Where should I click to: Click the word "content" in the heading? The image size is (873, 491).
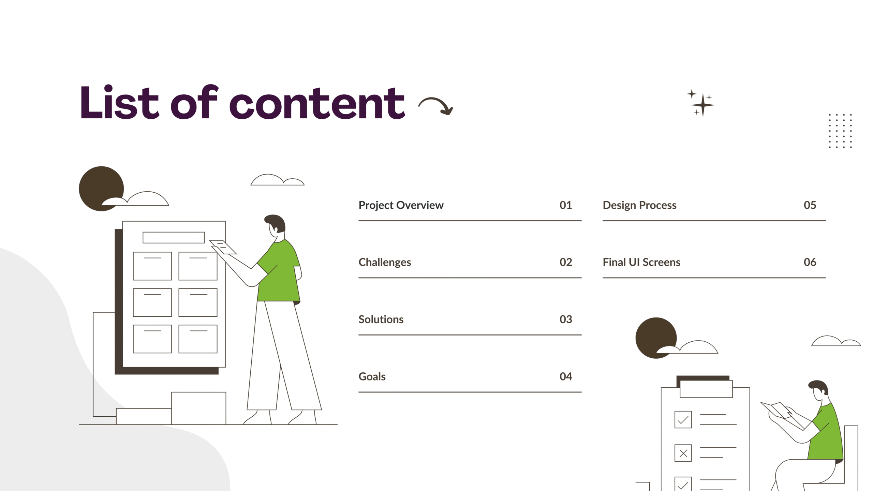coord(317,103)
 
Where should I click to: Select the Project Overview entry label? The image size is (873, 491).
coord(401,205)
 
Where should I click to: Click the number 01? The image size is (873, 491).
coord(566,205)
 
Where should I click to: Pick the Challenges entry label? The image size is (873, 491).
coord(385,262)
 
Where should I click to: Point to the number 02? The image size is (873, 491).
coord(566,262)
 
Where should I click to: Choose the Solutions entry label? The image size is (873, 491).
coord(381,319)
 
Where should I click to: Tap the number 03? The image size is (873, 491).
coord(566,319)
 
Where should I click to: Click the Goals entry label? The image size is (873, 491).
coord(372,376)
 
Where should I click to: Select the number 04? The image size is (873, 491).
coord(566,376)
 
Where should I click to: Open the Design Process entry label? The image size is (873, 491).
coord(639,205)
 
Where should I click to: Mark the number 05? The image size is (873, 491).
coord(810,205)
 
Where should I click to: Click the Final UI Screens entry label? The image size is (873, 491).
coord(641,262)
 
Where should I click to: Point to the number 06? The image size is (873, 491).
coord(810,262)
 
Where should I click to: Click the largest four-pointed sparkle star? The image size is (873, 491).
coord(703,105)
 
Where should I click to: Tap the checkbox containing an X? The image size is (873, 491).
coord(683,453)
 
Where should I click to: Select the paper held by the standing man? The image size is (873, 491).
coord(223,247)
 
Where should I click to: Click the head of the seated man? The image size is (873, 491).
coord(819,390)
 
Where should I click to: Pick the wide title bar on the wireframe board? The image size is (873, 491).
coord(174,238)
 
